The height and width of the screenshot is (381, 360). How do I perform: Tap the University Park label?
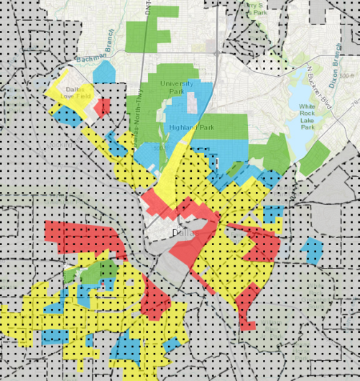point(177,88)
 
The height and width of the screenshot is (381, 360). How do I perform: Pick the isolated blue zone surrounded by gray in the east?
point(312,249)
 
